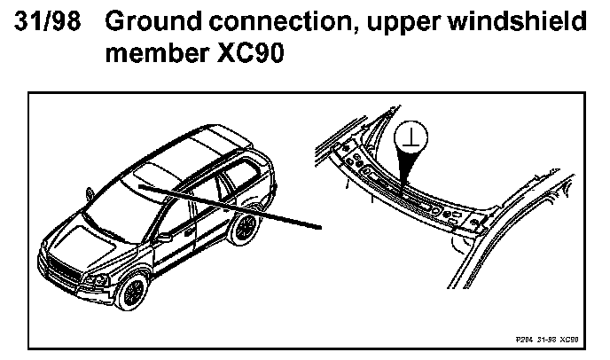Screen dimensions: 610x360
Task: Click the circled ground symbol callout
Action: coord(410,136)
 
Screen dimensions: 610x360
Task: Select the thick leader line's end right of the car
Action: coord(319,228)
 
